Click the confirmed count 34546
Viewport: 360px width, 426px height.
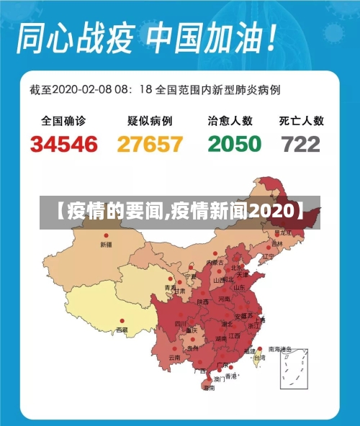(x=64, y=144)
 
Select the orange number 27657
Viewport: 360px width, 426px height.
(x=150, y=144)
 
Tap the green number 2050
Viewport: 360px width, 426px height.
(x=234, y=144)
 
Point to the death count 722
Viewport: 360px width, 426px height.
(x=301, y=144)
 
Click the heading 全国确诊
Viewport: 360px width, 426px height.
(x=63, y=121)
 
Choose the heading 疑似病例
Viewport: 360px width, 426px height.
(x=150, y=121)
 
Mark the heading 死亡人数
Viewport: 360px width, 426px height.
(x=302, y=121)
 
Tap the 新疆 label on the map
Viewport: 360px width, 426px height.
(x=106, y=245)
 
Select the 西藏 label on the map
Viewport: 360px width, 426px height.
(x=122, y=330)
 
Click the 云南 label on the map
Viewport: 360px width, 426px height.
(x=174, y=357)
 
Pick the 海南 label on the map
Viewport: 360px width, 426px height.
(x=209, y=388)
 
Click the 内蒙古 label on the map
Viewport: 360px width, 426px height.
(x=215, y=262)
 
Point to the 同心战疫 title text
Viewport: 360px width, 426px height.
(x=78, y=38)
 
